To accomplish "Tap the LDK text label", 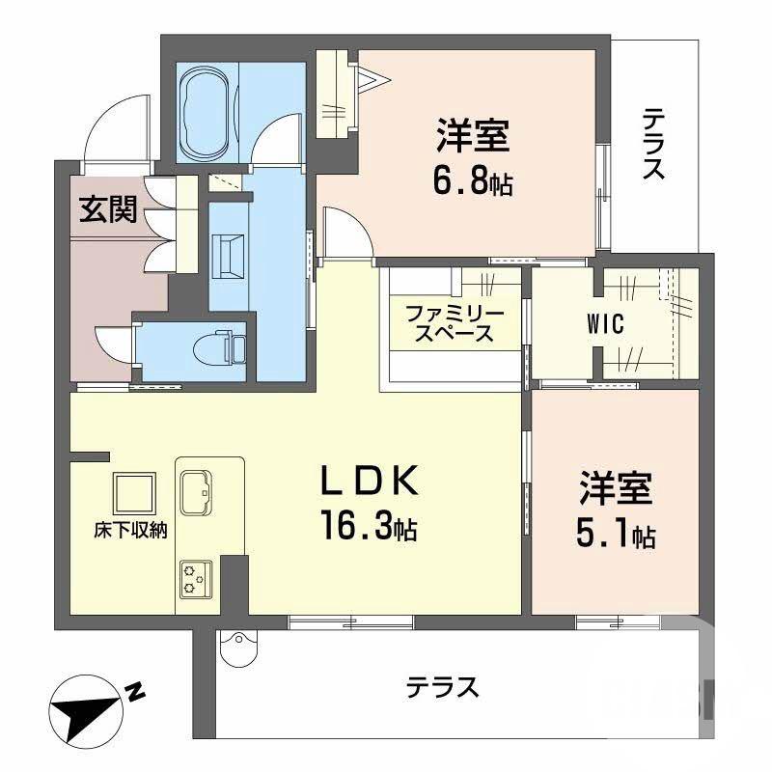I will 370,481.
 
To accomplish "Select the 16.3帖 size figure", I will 370,526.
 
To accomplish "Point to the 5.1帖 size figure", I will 616,535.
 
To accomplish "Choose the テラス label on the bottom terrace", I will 442,687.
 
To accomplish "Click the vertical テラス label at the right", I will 654,145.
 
